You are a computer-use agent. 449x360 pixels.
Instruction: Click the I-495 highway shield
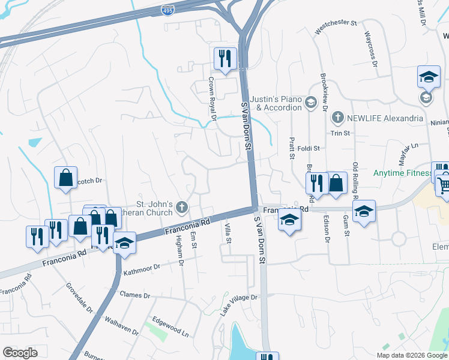click(x=168, y=10)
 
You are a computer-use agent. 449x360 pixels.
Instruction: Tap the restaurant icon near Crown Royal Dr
click(x=225, y=58)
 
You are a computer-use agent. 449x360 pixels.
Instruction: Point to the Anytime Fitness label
click(x=402, y=174)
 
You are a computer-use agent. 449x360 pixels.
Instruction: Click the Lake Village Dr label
click(x=238, y=304)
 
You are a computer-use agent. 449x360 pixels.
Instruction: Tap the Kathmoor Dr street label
click(x=142, y=269)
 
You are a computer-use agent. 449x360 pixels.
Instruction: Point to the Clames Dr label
click(x=134, y=295)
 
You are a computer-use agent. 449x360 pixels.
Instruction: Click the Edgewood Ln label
click(x=170, y=325)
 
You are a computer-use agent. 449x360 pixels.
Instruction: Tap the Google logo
click(x=20, y=353)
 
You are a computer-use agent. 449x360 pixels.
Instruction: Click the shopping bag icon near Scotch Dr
click(x=65, y=178)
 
